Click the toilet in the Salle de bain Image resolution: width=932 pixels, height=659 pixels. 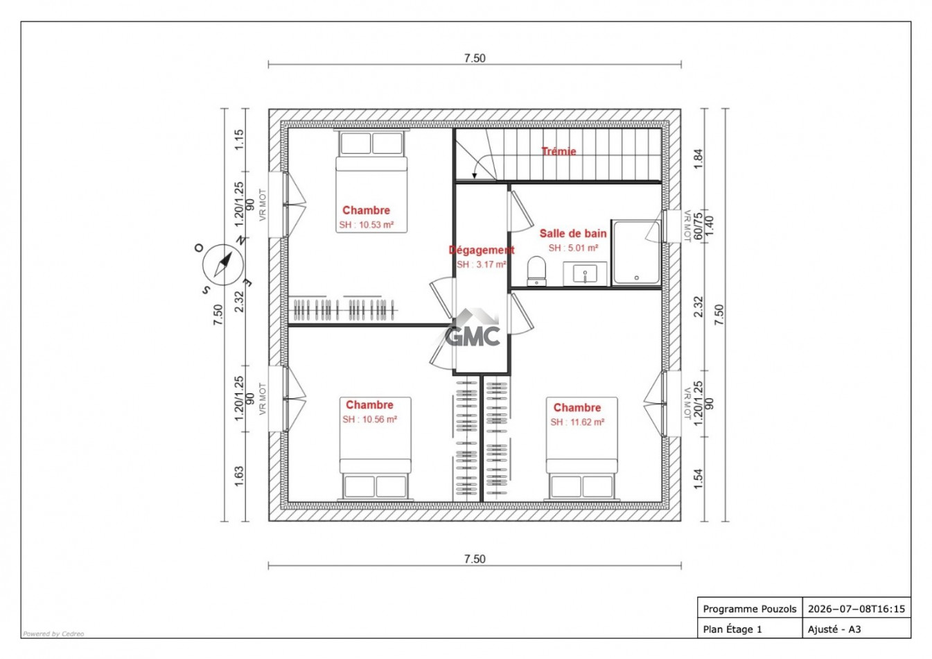tap(536, 271)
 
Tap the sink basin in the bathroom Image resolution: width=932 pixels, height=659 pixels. tap(585, 274)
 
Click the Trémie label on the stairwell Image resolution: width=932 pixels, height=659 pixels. tap(559, 151)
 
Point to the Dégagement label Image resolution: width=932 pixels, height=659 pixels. tap(482, 250)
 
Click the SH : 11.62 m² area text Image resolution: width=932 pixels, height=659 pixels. tap(577, 422)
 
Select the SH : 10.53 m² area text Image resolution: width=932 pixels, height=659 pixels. tap(366, 225)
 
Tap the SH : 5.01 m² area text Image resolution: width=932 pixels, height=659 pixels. tap(573, 248)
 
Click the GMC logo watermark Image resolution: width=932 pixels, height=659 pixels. tap(473, 329)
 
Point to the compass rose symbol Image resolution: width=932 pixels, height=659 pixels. tap(223, 264)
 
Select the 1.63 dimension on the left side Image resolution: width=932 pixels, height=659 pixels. tap(239, 476)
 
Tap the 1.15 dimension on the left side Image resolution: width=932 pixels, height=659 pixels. tap(239, 140)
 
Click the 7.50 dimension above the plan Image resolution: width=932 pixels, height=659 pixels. tap(475, 58)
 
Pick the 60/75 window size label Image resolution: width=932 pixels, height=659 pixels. tap(698, 225)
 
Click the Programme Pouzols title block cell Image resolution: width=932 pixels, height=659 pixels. tap(750, 609)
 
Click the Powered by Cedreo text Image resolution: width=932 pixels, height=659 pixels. tap(53, 634)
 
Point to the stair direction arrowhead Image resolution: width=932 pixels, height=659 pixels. tap(475, 176)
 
